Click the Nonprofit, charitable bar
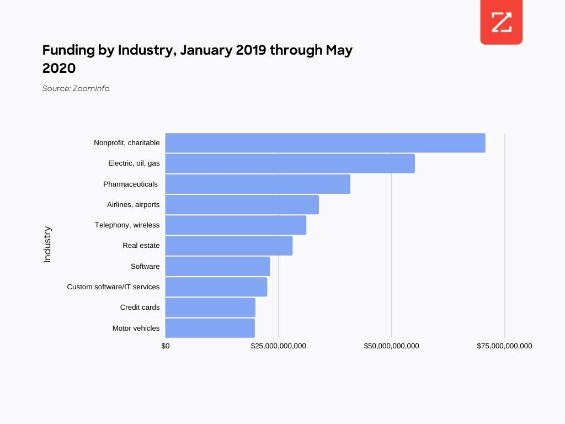[325, 143]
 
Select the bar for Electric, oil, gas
[290, 163]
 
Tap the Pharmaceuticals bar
[258, 184]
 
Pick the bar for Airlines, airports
[242, 204]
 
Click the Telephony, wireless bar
[236, 225]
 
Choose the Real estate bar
[229, 246]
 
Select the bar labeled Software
[217, 266]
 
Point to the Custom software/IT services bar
[216, 287]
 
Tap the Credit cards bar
[210, 308]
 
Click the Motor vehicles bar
[210, 328]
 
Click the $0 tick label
[166, 346]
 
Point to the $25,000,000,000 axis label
[278, 346]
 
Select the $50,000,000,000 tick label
[391, 346]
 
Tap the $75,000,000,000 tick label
[504, 346]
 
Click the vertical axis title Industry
[47, 244]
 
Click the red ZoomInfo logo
[501, 23]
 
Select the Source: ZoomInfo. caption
[77, 88]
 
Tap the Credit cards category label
[140, 308]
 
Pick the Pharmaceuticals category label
[130, 184]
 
